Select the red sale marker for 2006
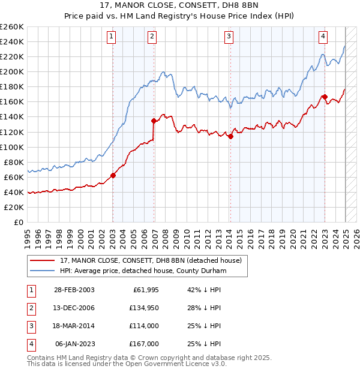(154, 121)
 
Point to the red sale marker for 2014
(230, 136)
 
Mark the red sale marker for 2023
(325, 97)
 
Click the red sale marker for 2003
(113, 175)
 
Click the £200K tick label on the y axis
(12, 71)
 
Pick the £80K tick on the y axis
(14, 162)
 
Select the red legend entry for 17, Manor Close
(150, 260)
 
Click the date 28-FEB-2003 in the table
(74, 290)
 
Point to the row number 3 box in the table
(31, 326)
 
